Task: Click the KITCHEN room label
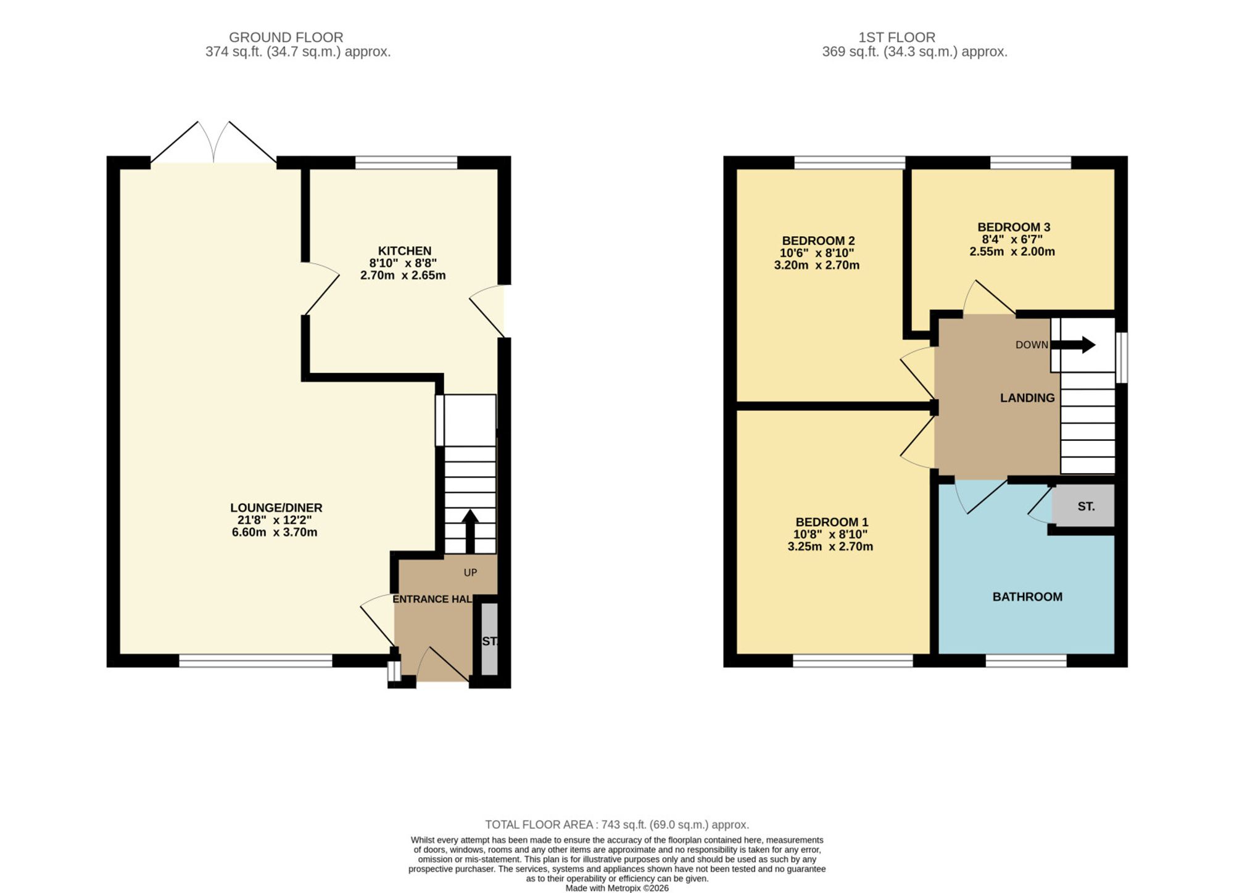[x=405, y=251]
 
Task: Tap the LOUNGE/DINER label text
[x=276, y=508]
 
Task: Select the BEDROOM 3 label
[x=1014, y=227]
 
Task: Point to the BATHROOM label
[x=1027, y=597]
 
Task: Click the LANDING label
[x=1027, y=398]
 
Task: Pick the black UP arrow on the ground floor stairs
[x=470, y=531]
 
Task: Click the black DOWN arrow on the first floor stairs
[x=1074, y=345]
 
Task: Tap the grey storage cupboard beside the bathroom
[x=1083, y=506]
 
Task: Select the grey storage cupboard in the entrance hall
[x=489, y=639]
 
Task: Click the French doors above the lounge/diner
[x=213, y=143]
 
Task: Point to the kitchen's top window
[x=406, y=163]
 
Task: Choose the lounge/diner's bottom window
[x=255, y=660]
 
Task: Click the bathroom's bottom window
[x=1026, y=660]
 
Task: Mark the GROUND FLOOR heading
[x=286, y=38]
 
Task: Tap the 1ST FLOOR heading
[x=897, y=38]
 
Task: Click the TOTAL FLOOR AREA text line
[x=617, y=825]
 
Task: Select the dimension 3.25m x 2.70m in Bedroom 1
[x=830, y=546]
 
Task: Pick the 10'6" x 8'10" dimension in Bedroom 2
[x=817, y=253]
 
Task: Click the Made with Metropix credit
[x=617, y=888]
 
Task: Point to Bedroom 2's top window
[x=850, y=163]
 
